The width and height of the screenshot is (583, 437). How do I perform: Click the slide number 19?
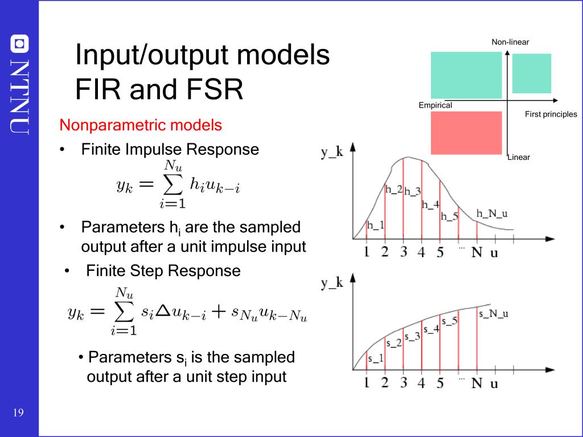[x=18, y=413]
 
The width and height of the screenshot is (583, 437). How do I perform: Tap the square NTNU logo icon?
[x=19, y=44]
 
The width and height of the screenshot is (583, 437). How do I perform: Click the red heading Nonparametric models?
[x=141, y=125]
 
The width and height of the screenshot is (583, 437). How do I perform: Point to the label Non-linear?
[x=510, y=42]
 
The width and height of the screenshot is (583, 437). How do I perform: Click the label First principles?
[x=551, y=114]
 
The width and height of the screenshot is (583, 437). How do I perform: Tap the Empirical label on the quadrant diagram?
[x=435, y=105]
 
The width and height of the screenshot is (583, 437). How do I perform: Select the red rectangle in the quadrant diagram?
[x=466, y=133]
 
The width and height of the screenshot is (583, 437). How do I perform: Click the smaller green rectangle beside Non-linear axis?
[x=532, y=73]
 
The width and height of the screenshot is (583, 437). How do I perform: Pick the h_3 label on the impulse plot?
[x=412, y=191]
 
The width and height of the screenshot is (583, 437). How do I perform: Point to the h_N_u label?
[x=492, y=214]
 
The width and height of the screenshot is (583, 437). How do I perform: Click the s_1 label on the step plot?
[x=376, y=358]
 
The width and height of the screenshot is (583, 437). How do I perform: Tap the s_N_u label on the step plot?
[x=494, y=314]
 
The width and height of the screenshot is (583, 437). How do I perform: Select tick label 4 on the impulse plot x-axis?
[x=421, y=252]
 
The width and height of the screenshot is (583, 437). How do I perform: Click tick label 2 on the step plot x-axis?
[x=385, y=382]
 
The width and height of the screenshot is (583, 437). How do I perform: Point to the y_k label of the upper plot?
[x=332, y=152]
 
